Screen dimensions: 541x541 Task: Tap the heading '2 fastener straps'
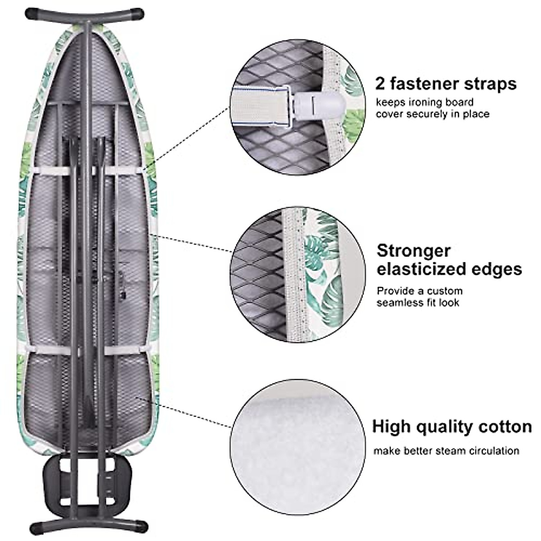tap(445, 84)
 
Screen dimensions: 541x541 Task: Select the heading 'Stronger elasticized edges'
tap(449, 260)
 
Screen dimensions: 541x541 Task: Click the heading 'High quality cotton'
tap(452, 426)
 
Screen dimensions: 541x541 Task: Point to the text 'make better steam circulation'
tap(446, 450)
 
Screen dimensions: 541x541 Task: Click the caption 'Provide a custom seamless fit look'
tap(420, 297)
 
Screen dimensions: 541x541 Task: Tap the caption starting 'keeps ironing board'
tap(432, 108)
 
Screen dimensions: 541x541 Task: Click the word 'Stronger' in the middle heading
tap(413, 250)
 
